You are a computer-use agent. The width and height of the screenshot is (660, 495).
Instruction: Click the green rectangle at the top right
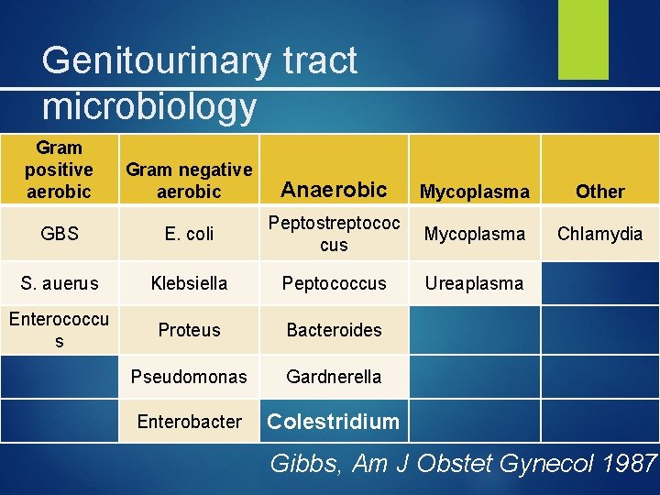[x=583, y=39]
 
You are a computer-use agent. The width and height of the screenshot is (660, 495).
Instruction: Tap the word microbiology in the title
[x=149, y=106]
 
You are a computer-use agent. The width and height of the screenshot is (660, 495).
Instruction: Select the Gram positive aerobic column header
[x=60, y=170]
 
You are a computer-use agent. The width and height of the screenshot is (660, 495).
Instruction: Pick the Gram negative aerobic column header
[x=189, y=181]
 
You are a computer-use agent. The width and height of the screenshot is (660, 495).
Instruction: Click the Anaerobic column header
[x=334, y=190]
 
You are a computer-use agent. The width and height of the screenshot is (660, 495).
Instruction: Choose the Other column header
[x=599, y=192]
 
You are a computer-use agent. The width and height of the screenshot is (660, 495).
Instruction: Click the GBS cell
[x=60, y=234]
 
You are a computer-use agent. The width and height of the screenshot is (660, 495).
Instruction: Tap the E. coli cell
[x=189, y=234]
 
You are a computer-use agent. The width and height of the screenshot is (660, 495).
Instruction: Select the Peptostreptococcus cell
[x=334, y=234]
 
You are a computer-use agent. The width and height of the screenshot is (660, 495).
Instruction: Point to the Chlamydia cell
[x=599, y=234]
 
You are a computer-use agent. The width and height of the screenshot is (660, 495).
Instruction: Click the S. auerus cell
[x=60, y=283]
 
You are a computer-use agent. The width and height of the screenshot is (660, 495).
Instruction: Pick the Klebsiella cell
[x=189, y=283]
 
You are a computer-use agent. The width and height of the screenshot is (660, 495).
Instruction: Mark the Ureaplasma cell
[x=475, y=283]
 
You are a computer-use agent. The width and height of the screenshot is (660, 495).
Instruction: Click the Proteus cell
[x=189, y=330]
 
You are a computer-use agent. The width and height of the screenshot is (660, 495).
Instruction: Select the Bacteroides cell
[x=334, y=330]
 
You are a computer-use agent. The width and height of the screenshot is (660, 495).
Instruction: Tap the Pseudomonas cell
[x=189, y=376]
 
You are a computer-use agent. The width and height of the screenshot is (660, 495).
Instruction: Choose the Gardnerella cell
[x=334, y=376]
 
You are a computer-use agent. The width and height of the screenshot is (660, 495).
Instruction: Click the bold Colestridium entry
[x=334, y=422]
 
